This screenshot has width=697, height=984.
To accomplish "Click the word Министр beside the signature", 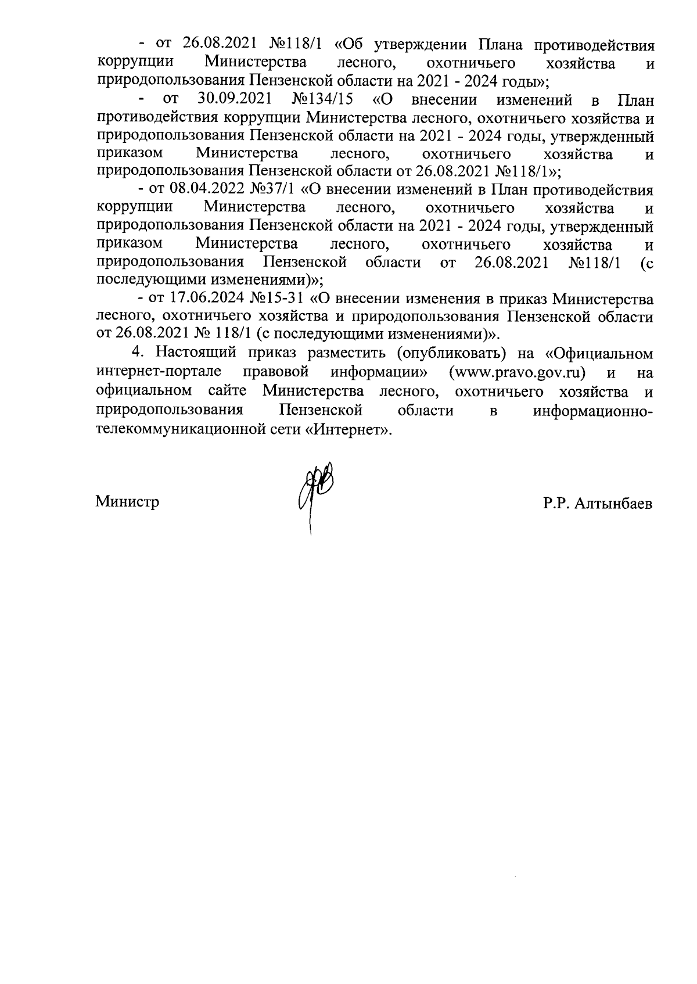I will point(128,501).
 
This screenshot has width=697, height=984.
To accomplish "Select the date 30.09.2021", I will point(235,99).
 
